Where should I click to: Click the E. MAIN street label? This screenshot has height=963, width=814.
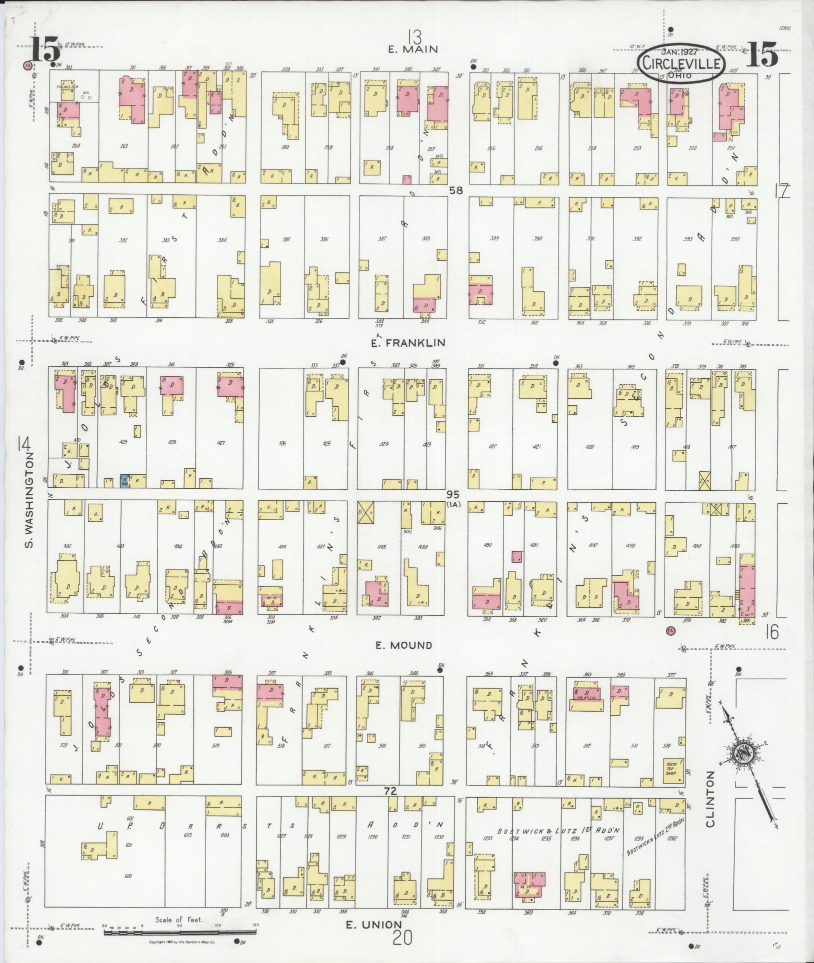pos(414,49)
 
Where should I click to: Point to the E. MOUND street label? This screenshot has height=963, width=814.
pos(404,645)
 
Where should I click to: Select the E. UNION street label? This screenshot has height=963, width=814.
pos(374,925)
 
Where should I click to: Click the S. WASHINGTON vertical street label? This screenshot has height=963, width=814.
pos(29,500)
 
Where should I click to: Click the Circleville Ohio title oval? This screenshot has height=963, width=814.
pos(681,63)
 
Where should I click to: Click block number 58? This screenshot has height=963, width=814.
pos(455,190)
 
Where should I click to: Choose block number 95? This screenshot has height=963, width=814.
pos(452,494)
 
